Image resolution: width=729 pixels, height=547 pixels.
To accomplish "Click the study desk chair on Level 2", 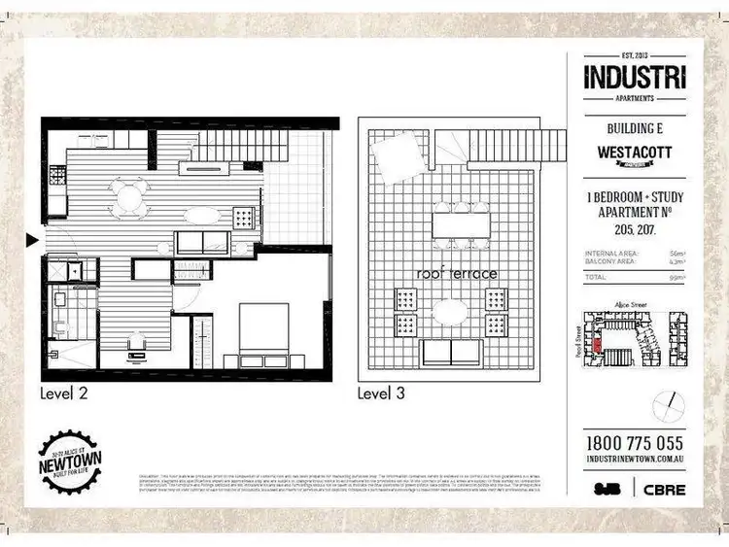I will pyautogui.click(x=136, y=342).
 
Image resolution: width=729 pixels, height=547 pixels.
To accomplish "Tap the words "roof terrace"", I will pyautogui.click(x=457, y=274).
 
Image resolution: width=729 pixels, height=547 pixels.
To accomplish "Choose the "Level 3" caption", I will pyautogui.click(x=383, y=393).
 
